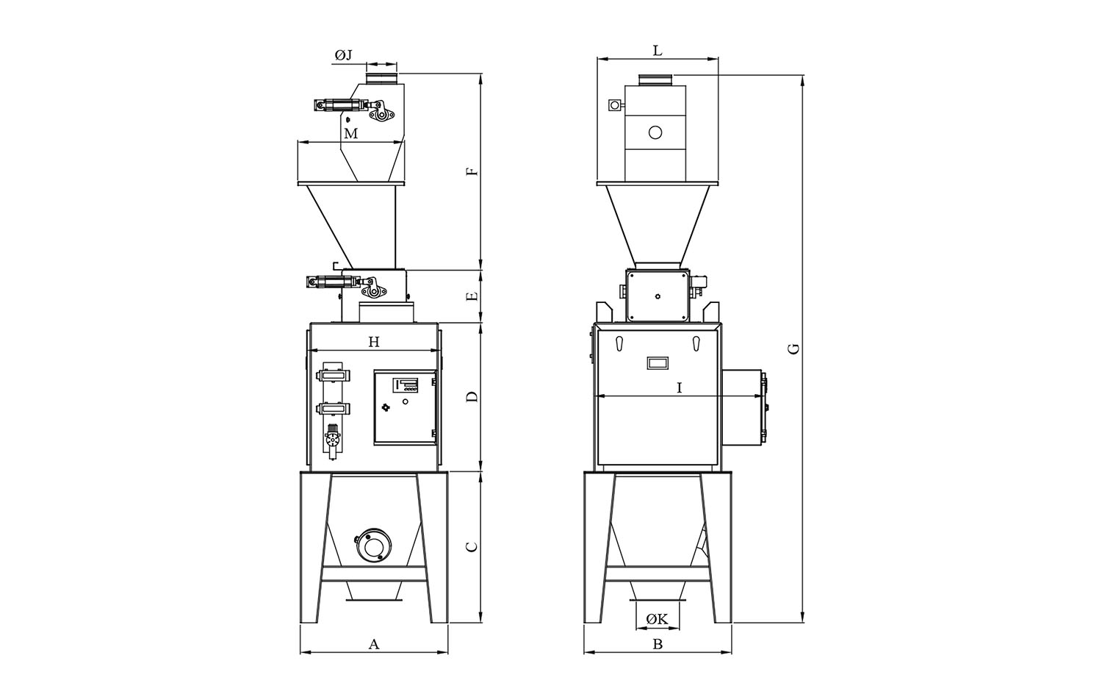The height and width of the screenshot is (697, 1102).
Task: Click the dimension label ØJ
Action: (x=344, y=56)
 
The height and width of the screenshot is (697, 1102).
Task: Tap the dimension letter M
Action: (x=350, y=134)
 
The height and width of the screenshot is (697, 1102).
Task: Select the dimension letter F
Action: (x=472, y=172)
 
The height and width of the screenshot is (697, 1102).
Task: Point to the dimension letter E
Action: (x=472, y=296)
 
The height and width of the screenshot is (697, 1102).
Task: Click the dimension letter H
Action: (x=375, y=342)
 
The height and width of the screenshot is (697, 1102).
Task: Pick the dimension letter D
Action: (x=472, y=397)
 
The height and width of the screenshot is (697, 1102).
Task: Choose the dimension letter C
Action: (x=472, y=547)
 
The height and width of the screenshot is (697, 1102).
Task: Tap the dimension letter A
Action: (x=375, y=644)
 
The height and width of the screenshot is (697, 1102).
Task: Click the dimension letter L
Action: (x=658, y=50)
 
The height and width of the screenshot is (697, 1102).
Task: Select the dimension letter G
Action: (x=793, y=349)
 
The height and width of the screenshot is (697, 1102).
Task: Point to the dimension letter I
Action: (x=680, y=388)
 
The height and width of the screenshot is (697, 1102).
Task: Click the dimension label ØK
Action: (x=658, y=619)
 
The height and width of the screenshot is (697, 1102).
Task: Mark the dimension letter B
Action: (x=658, y=644)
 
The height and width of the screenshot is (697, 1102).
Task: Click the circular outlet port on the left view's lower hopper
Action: (x=375, y=545)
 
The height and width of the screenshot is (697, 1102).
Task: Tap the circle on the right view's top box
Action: (x=655, y=132)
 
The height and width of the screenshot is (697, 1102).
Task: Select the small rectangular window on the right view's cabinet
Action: (x=658, y=363)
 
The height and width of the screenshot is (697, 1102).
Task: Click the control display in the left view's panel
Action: (x=405, y=384)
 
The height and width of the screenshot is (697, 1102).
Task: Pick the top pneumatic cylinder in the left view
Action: (x=340, y=106)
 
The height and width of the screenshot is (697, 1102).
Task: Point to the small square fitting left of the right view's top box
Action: (x=614, y=105)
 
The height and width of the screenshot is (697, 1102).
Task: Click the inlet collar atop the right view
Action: (x=656, y=80)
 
